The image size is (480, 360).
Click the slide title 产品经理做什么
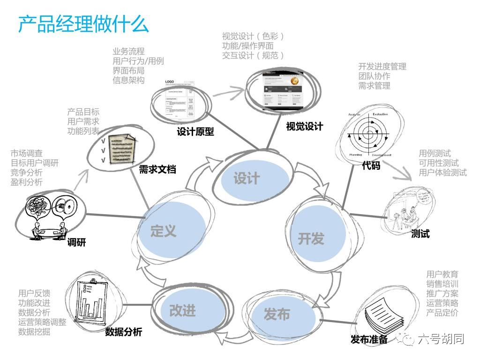point(83,24)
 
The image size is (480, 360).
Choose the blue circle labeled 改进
point(183,310)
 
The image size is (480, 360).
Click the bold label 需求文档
point(157,170)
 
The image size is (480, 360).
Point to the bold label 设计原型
point(195,132)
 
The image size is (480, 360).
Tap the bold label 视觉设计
point(305,126)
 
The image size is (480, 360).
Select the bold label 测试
point(420,233)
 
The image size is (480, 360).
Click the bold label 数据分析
point(123,332)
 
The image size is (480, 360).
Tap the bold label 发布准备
point(369,339)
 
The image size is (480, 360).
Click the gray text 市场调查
point(27,153)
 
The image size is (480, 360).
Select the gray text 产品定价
point(442,313)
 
